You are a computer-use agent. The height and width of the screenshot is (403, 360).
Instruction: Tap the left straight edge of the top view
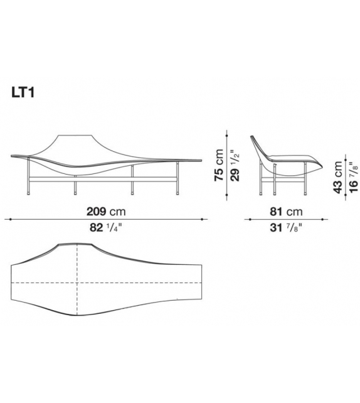pos(12,282)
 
